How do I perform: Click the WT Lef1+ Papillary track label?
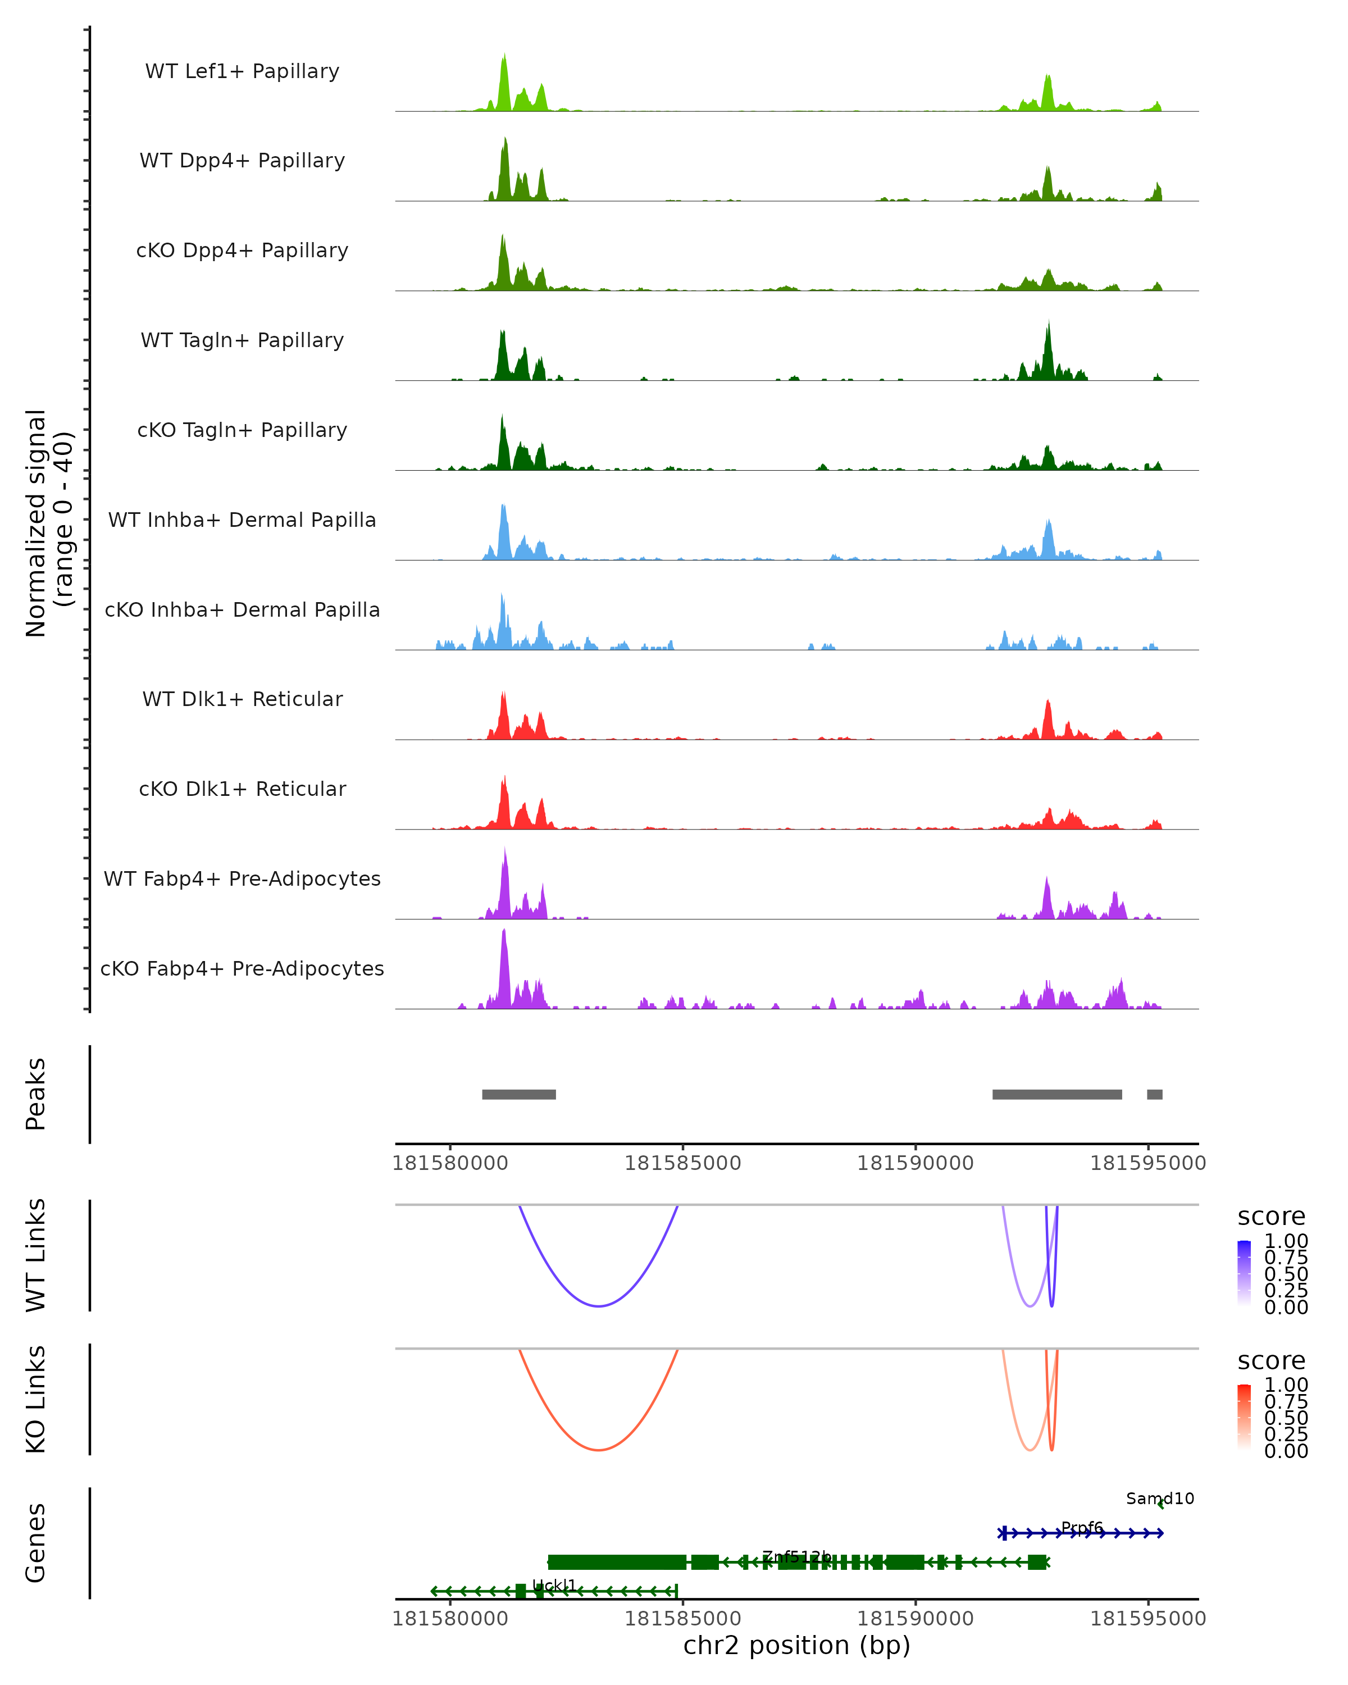pos(242,71)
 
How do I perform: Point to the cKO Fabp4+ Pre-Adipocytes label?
pos(242,968)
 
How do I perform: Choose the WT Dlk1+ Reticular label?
pos(242,699)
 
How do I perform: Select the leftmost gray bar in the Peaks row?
pos(519,1094)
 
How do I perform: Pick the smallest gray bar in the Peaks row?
pos(1154,1094)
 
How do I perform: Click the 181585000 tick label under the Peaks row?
pos(682,1163)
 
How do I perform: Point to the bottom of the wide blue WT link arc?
pos(599,1306)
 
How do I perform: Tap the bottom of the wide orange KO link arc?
pos(599,1450)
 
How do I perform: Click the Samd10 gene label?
pos(1160,1498)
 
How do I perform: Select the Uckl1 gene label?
pos(554,1585)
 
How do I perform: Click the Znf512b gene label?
pos(796,1556)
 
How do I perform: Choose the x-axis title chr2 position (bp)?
pos(796,1645)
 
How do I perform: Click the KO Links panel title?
pos(36,1399)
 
